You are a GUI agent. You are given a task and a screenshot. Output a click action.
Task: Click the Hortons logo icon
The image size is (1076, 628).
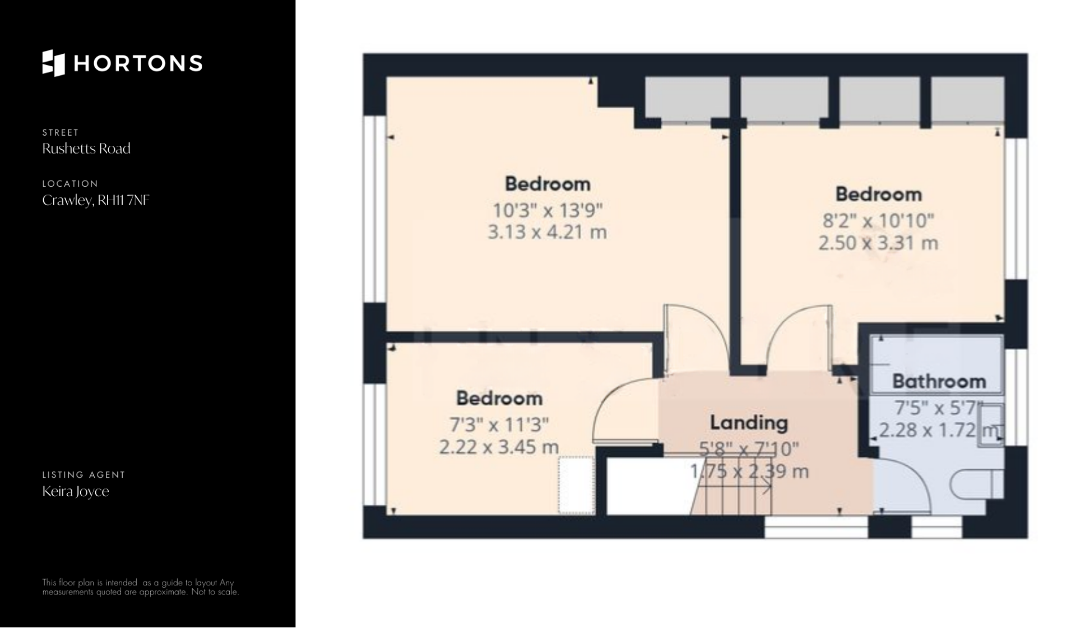click(x=54, y=63)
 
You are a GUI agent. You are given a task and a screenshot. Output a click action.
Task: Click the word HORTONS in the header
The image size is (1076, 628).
click(x=138, y=63)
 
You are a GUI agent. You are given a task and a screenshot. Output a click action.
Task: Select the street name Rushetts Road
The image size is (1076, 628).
click(x=86, y=149)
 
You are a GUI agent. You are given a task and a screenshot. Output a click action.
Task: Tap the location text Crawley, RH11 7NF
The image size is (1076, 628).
click(x=96, y=200)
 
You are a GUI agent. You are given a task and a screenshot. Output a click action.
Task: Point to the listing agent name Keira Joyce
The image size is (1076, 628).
click(x=76, y=492)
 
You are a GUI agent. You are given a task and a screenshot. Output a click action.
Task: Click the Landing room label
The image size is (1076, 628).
click(x=749, y=422)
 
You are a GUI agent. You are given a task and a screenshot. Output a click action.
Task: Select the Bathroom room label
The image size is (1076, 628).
click(x=939, y=381)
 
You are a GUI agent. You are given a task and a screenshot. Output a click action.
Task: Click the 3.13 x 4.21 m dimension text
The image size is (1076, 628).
click(x=547, y=232)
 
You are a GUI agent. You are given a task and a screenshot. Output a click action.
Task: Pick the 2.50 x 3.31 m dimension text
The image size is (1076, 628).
click(x=878, y=243)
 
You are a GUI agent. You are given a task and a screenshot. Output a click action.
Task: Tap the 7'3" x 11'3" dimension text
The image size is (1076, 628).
click(x=499, y=424)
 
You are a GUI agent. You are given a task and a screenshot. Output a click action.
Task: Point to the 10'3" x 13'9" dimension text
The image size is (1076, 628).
click(x=547, y=210)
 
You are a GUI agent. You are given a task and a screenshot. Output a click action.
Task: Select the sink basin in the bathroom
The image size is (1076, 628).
click(x=991, y=426)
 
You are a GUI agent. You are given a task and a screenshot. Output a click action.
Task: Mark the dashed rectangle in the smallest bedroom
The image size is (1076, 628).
click(x=576, y=485)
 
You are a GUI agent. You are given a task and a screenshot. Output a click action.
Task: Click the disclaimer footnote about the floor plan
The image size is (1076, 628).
click(x=141, y=587)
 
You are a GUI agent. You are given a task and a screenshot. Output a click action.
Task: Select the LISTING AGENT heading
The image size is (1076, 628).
click(x=84, y=474)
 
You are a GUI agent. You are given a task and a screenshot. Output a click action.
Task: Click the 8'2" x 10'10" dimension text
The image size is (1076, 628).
click(x=878, y=221)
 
